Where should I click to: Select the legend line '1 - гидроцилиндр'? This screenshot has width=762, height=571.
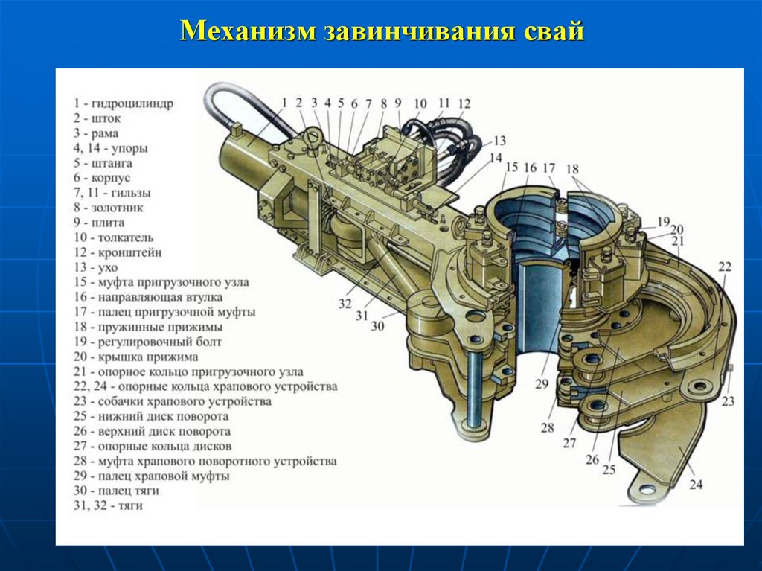(123, 103)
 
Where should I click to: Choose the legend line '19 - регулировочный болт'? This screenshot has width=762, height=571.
(147, 342)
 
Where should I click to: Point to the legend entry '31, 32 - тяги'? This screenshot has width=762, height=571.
(108, 505)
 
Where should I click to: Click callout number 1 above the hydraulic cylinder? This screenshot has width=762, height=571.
(284, 102)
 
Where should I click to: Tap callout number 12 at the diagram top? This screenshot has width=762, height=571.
(464, 103)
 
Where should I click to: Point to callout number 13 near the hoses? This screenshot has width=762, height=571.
(499, 141)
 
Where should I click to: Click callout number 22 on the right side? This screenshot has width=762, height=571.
(725, 267)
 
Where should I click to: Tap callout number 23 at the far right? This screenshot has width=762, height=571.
(727, 401)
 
